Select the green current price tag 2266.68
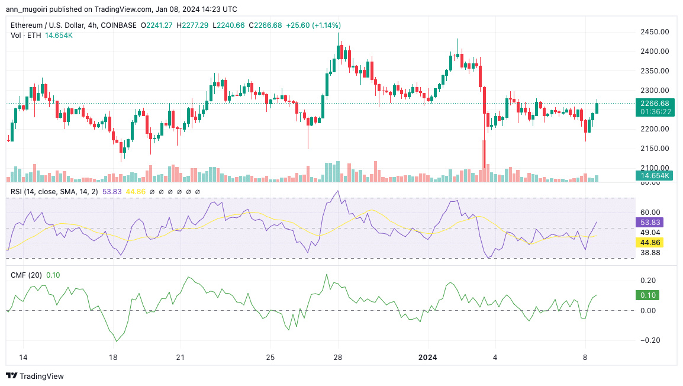click(655, 103)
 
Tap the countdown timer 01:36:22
click(655, 111)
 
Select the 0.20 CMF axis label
click(649, 280)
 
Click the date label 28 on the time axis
click(338, 358)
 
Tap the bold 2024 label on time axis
click(428, 358)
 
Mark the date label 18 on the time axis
click(113, 358)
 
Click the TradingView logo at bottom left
click(34, 376)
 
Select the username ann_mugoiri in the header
click(28, 9)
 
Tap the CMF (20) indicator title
click(27, 275)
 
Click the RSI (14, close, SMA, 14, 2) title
click(55, 192)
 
